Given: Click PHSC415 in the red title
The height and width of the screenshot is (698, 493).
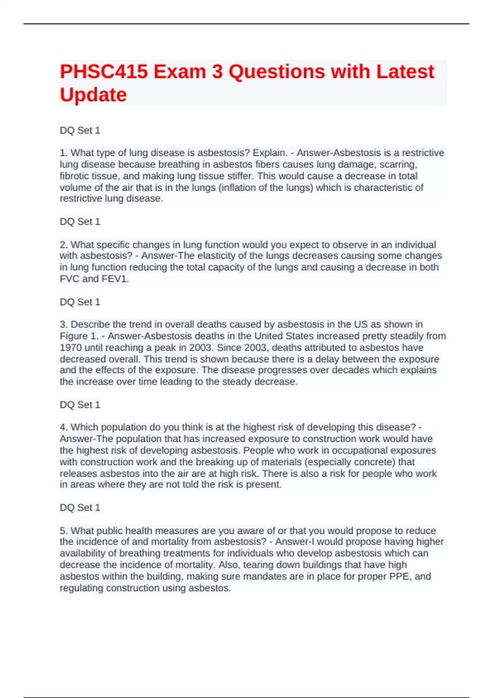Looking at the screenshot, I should click(104, 72).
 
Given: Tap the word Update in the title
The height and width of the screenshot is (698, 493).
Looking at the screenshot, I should click(93, 95).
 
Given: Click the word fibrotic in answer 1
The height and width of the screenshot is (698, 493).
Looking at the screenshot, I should click(74, 176).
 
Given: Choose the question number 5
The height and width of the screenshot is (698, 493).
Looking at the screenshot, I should click(63, 530).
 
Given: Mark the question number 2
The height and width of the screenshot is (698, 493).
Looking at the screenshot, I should click(63, 245).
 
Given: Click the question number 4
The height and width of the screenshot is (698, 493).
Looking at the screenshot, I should click(63, 427).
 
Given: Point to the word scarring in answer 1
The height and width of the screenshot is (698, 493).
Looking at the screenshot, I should click(398, 165).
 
